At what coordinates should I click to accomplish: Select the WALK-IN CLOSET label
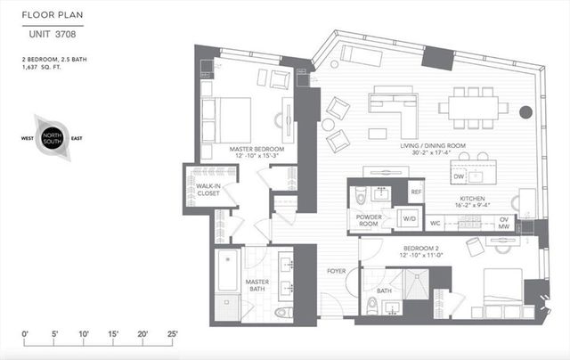(x=208, y=190)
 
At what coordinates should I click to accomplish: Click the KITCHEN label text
(x=471, y=200)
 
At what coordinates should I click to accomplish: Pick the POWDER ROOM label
(x=369, y=221)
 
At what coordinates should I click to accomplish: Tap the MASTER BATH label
(x=258, y=287)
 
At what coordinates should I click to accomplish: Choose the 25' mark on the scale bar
(x=171, y=334)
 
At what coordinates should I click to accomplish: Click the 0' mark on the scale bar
(x=26, y=334)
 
